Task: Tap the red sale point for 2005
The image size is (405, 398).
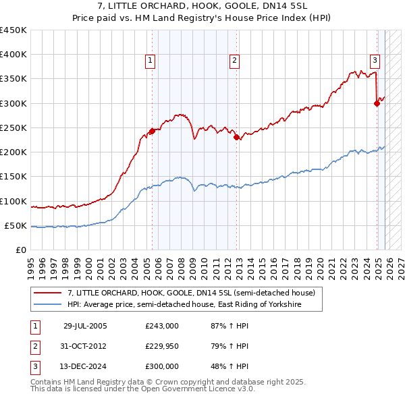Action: tap(152, 131)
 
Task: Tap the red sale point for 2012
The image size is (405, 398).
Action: tap(237, 138)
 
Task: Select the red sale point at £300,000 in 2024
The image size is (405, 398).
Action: tap(377, 103)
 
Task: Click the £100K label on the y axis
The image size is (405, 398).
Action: tap(13, 201)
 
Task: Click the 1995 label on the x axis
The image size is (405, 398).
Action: tap(31, 264)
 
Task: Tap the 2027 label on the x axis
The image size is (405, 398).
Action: tap(400, 264)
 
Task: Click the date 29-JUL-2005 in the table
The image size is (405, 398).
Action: tap(85, 326)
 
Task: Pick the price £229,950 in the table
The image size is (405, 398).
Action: tap(162, 346)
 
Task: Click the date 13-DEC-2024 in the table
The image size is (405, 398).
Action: tap(85, 366)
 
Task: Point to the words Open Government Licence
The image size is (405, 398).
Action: tap(187, 389)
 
